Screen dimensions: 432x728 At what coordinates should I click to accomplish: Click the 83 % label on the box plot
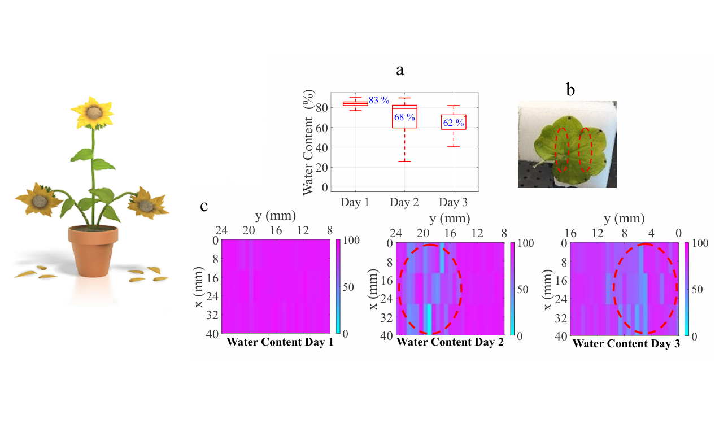379,101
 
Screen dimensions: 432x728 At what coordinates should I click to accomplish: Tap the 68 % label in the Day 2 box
404,117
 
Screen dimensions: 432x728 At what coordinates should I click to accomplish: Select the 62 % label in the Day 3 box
452,123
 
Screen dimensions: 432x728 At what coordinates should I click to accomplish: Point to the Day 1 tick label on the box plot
355,202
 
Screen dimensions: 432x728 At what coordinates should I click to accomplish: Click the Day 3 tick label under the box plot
453,202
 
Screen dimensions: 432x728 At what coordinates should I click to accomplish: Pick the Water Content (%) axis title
308,144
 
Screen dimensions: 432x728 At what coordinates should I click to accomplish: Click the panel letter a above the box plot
400,71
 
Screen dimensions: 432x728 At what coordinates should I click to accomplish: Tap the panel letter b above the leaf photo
570,90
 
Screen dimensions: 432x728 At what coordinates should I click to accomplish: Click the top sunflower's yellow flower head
92,112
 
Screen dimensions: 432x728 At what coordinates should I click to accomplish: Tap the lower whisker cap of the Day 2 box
404,162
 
